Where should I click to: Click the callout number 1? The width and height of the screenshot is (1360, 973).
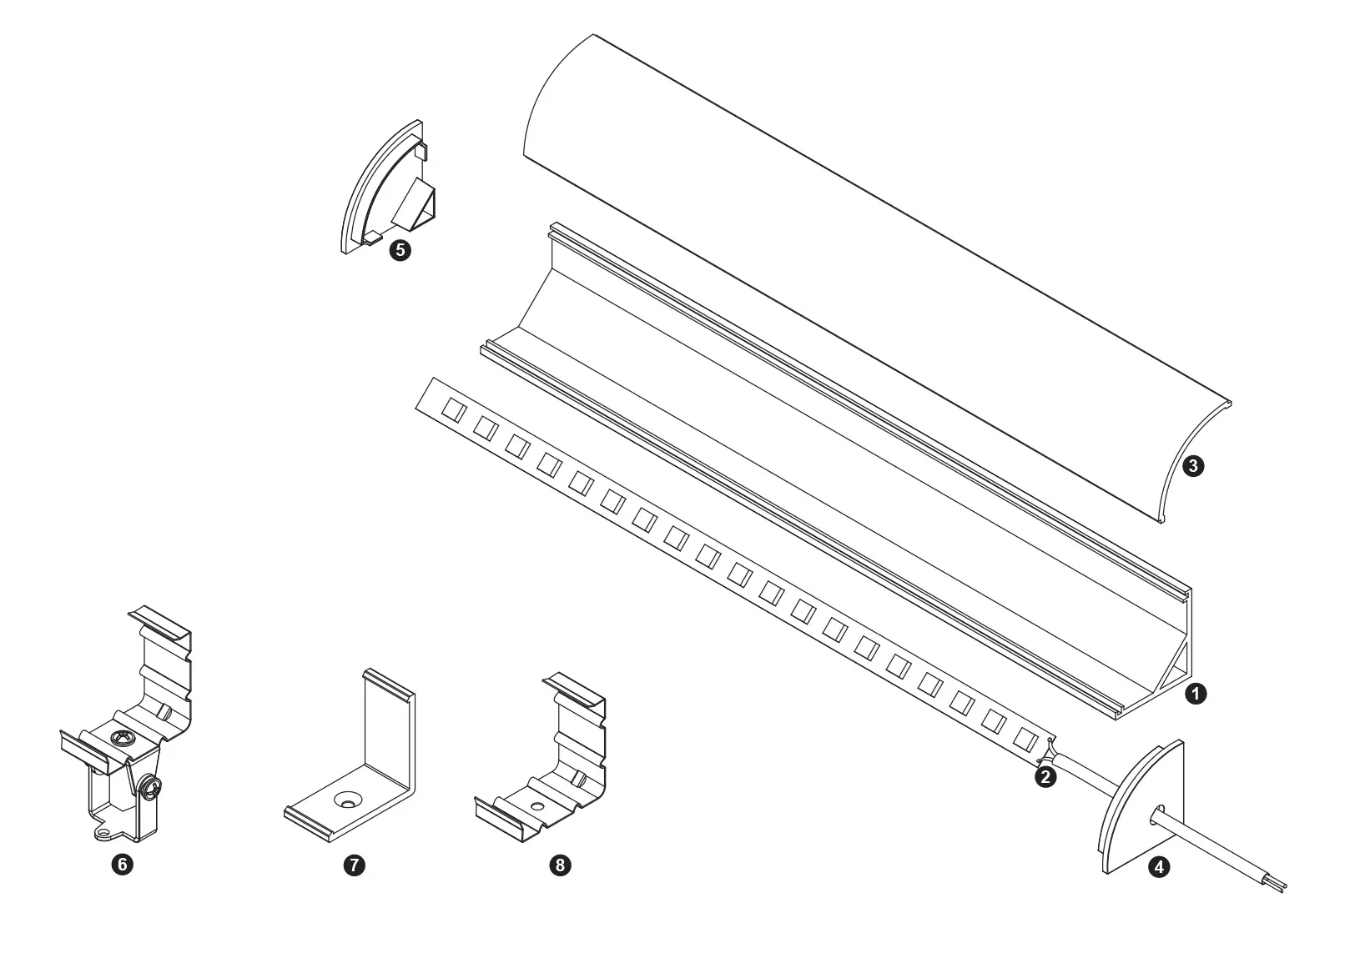pyautogui.click(x=1196, y=694)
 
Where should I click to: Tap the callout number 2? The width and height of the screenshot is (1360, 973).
pyautogui.click(x=1045, y=777)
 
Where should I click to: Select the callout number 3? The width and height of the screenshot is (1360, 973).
pyautogui.click(x=1193, y=466)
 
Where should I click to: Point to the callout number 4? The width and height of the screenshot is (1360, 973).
pyautogui.click(x=1159, y=867)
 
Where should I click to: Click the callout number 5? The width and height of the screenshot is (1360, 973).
pyautogui.click(x=400, y=250)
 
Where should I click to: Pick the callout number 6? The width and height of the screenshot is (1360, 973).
pyautogui.click(x=122, y=864)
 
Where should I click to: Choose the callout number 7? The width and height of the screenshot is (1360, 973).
pyautogui.click(x=355, y=865)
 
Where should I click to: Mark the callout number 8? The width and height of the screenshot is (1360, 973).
pyautogui.click(x=561, y=865)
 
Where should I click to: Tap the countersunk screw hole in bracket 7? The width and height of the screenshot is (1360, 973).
pyautogui.click(x=348, y=800)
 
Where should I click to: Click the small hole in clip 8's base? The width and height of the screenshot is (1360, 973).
pyautogui.click(x=536, y=807)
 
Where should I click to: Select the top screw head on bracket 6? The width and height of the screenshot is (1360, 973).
pyautogui.click(x=119, y=739)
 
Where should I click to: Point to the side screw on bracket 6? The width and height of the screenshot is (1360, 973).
pyautogui.click(x=150, y=788)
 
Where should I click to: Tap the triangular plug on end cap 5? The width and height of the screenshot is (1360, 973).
pyautogui.click(x=416, y=204)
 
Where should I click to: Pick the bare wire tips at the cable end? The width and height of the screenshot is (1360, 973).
pyautogui.click(x=1282, y=889)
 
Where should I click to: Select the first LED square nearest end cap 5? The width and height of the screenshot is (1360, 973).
pyautogui.click(x=454, y=410)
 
